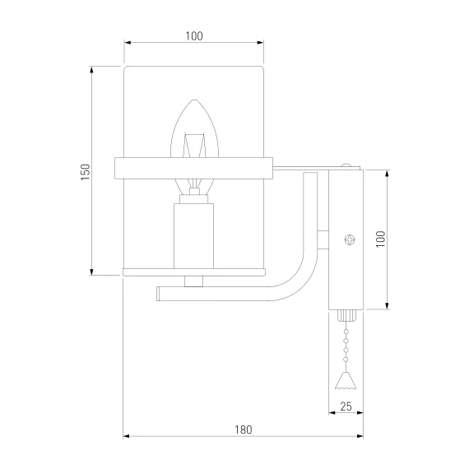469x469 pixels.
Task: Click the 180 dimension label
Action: [x=244, y=430]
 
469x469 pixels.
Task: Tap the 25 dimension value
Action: [x=346, y=406]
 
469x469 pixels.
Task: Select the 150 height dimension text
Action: [x=86, y=172]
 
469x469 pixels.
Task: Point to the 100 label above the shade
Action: [x=194, y=36]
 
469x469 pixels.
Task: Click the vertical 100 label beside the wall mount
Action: [x=380, y=239]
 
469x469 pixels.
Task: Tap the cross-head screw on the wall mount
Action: [x=350, y=239]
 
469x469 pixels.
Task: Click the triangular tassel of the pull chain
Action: [x=346, y=380]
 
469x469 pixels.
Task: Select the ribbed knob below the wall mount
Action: [x=346, y=315]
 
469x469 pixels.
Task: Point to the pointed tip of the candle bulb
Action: [x=194, y=100]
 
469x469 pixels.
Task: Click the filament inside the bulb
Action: [x=194, y=146]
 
